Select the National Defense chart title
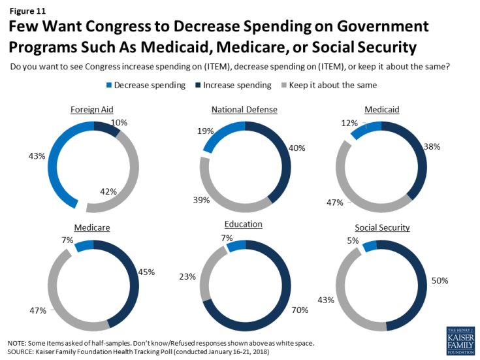(245, 110)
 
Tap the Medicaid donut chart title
(383, 110)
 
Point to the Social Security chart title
(383, 227)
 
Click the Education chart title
(243, 223)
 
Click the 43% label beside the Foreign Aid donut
(37, 155)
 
